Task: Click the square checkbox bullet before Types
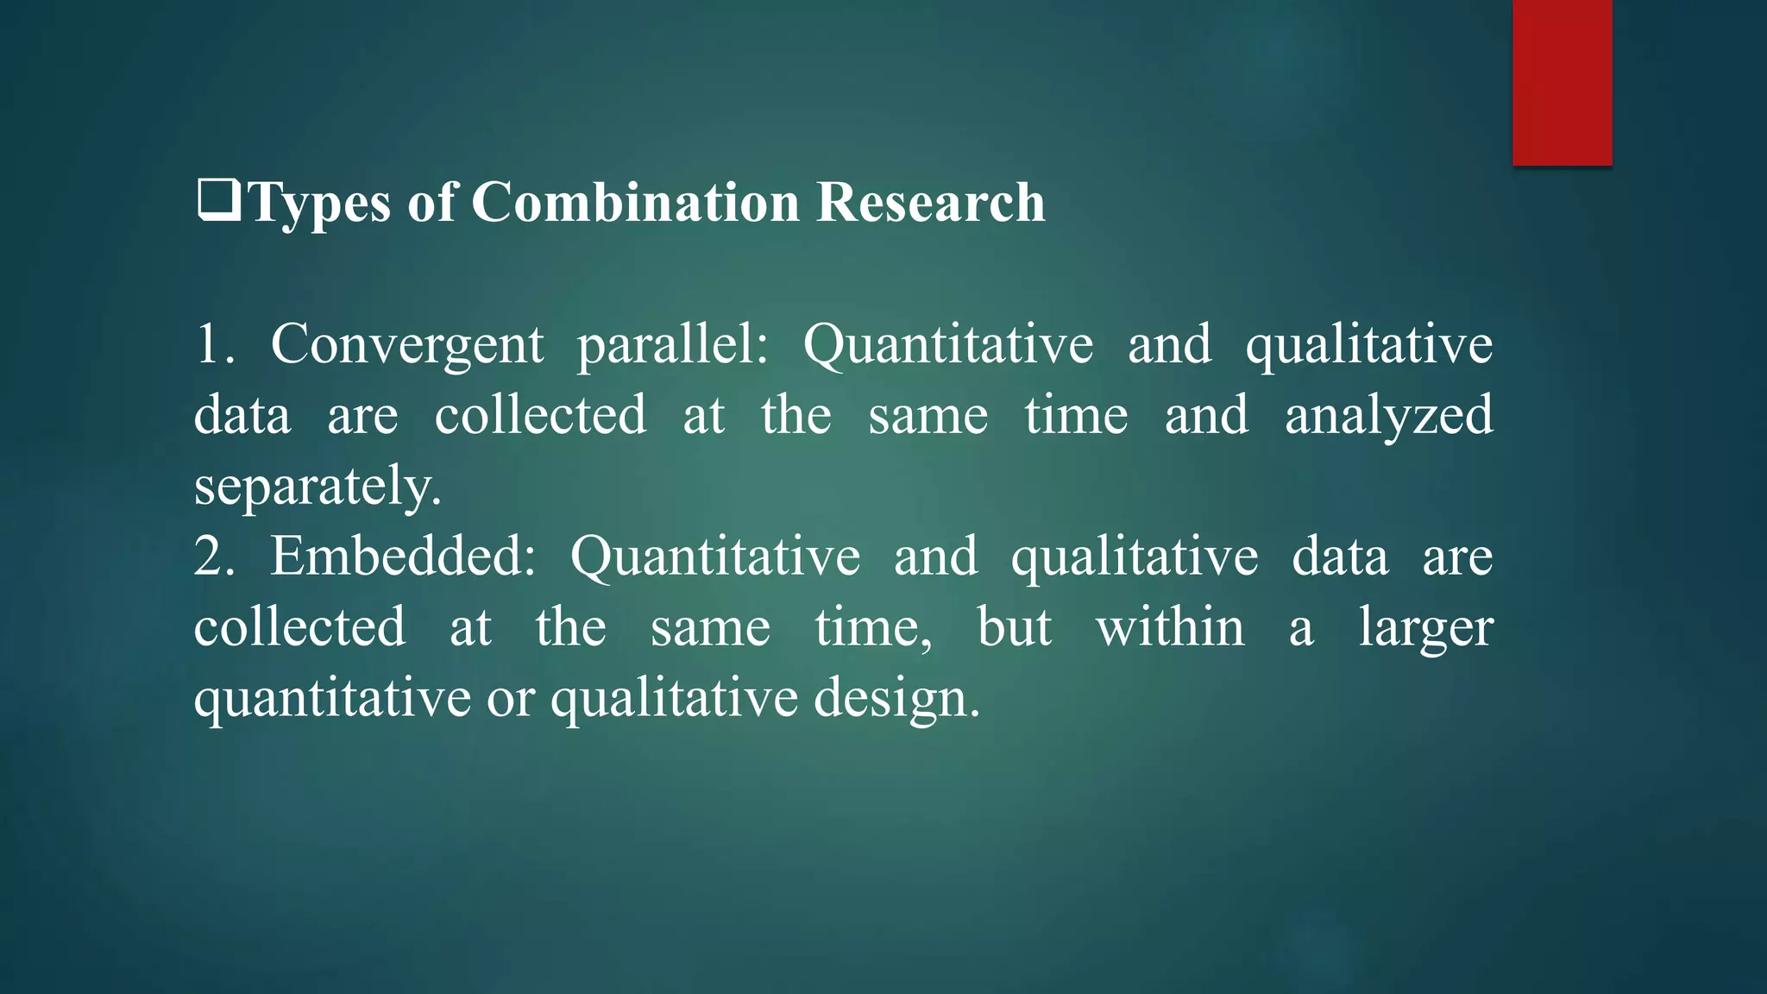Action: coord(218,201)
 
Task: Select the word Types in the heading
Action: coord(319,204)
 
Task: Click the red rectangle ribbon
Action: coord(1562,82)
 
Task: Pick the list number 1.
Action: coord(212,343)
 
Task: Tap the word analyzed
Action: coord(1388,416)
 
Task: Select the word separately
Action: coord(318,487)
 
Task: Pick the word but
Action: coord(1014,626)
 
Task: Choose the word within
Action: coord(1170,626)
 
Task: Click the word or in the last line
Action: coord(511,699)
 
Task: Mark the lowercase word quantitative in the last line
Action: coord(332,699)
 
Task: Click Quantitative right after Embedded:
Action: coord(715,557)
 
